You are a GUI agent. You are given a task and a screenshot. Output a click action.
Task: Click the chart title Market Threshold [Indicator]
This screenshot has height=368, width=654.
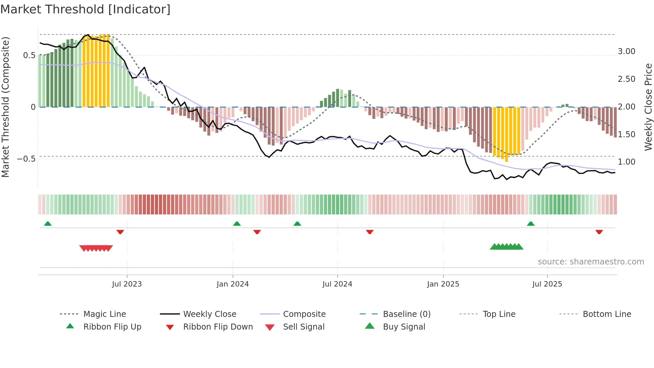(x=85, y=9)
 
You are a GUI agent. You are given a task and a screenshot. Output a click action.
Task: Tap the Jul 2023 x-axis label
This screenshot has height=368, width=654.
(x=127, y=284)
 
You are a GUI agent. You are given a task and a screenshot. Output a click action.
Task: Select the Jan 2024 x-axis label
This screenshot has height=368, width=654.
(x=233, y=284)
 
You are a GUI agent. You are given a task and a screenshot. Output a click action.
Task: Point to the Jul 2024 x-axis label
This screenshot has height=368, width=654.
(x=337, y=284)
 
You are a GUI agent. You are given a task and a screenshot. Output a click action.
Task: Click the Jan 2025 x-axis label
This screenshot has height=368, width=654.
(x=443, y=284)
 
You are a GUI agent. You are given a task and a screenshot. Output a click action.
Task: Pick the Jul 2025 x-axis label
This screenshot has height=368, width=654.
(x=547, y=284)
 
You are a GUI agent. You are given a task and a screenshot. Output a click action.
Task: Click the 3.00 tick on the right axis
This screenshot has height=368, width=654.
(x=626, y=51)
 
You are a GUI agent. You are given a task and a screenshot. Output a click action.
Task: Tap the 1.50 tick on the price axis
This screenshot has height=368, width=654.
(x=626, y=135)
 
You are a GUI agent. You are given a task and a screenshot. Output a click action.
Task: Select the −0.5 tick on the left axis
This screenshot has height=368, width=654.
(x=26, y=159)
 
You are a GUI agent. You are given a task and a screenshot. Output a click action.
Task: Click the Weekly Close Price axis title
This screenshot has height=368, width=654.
(x=648, y=107)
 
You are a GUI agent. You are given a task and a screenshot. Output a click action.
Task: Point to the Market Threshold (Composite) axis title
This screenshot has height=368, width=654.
(x=5, y=107)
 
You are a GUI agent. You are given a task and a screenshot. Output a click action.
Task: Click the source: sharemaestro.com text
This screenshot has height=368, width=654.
(x=591, y=262)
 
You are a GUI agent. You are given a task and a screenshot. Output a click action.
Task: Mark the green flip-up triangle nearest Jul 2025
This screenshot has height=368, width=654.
(x=531, y=224)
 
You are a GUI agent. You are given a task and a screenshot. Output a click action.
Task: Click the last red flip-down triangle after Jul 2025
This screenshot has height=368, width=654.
(x=599, y=232)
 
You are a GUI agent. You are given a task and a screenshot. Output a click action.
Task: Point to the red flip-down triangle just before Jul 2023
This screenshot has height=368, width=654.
(x=120, y=232)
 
